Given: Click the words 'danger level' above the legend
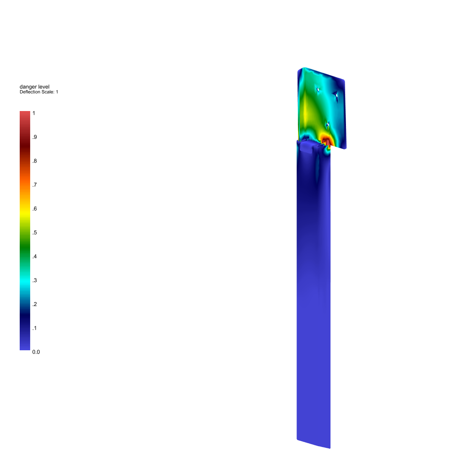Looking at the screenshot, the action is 34,87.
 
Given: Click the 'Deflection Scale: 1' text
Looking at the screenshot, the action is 39,92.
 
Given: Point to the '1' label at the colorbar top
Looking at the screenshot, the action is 34,113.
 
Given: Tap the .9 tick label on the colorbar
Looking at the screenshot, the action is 35,137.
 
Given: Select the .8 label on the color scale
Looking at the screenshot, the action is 35,161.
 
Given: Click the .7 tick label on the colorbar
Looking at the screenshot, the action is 35,185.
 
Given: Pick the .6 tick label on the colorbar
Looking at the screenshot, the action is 35,209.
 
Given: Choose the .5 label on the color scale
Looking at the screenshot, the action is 35,233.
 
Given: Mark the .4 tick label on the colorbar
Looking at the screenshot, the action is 35,256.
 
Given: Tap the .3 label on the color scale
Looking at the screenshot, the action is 35,280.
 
